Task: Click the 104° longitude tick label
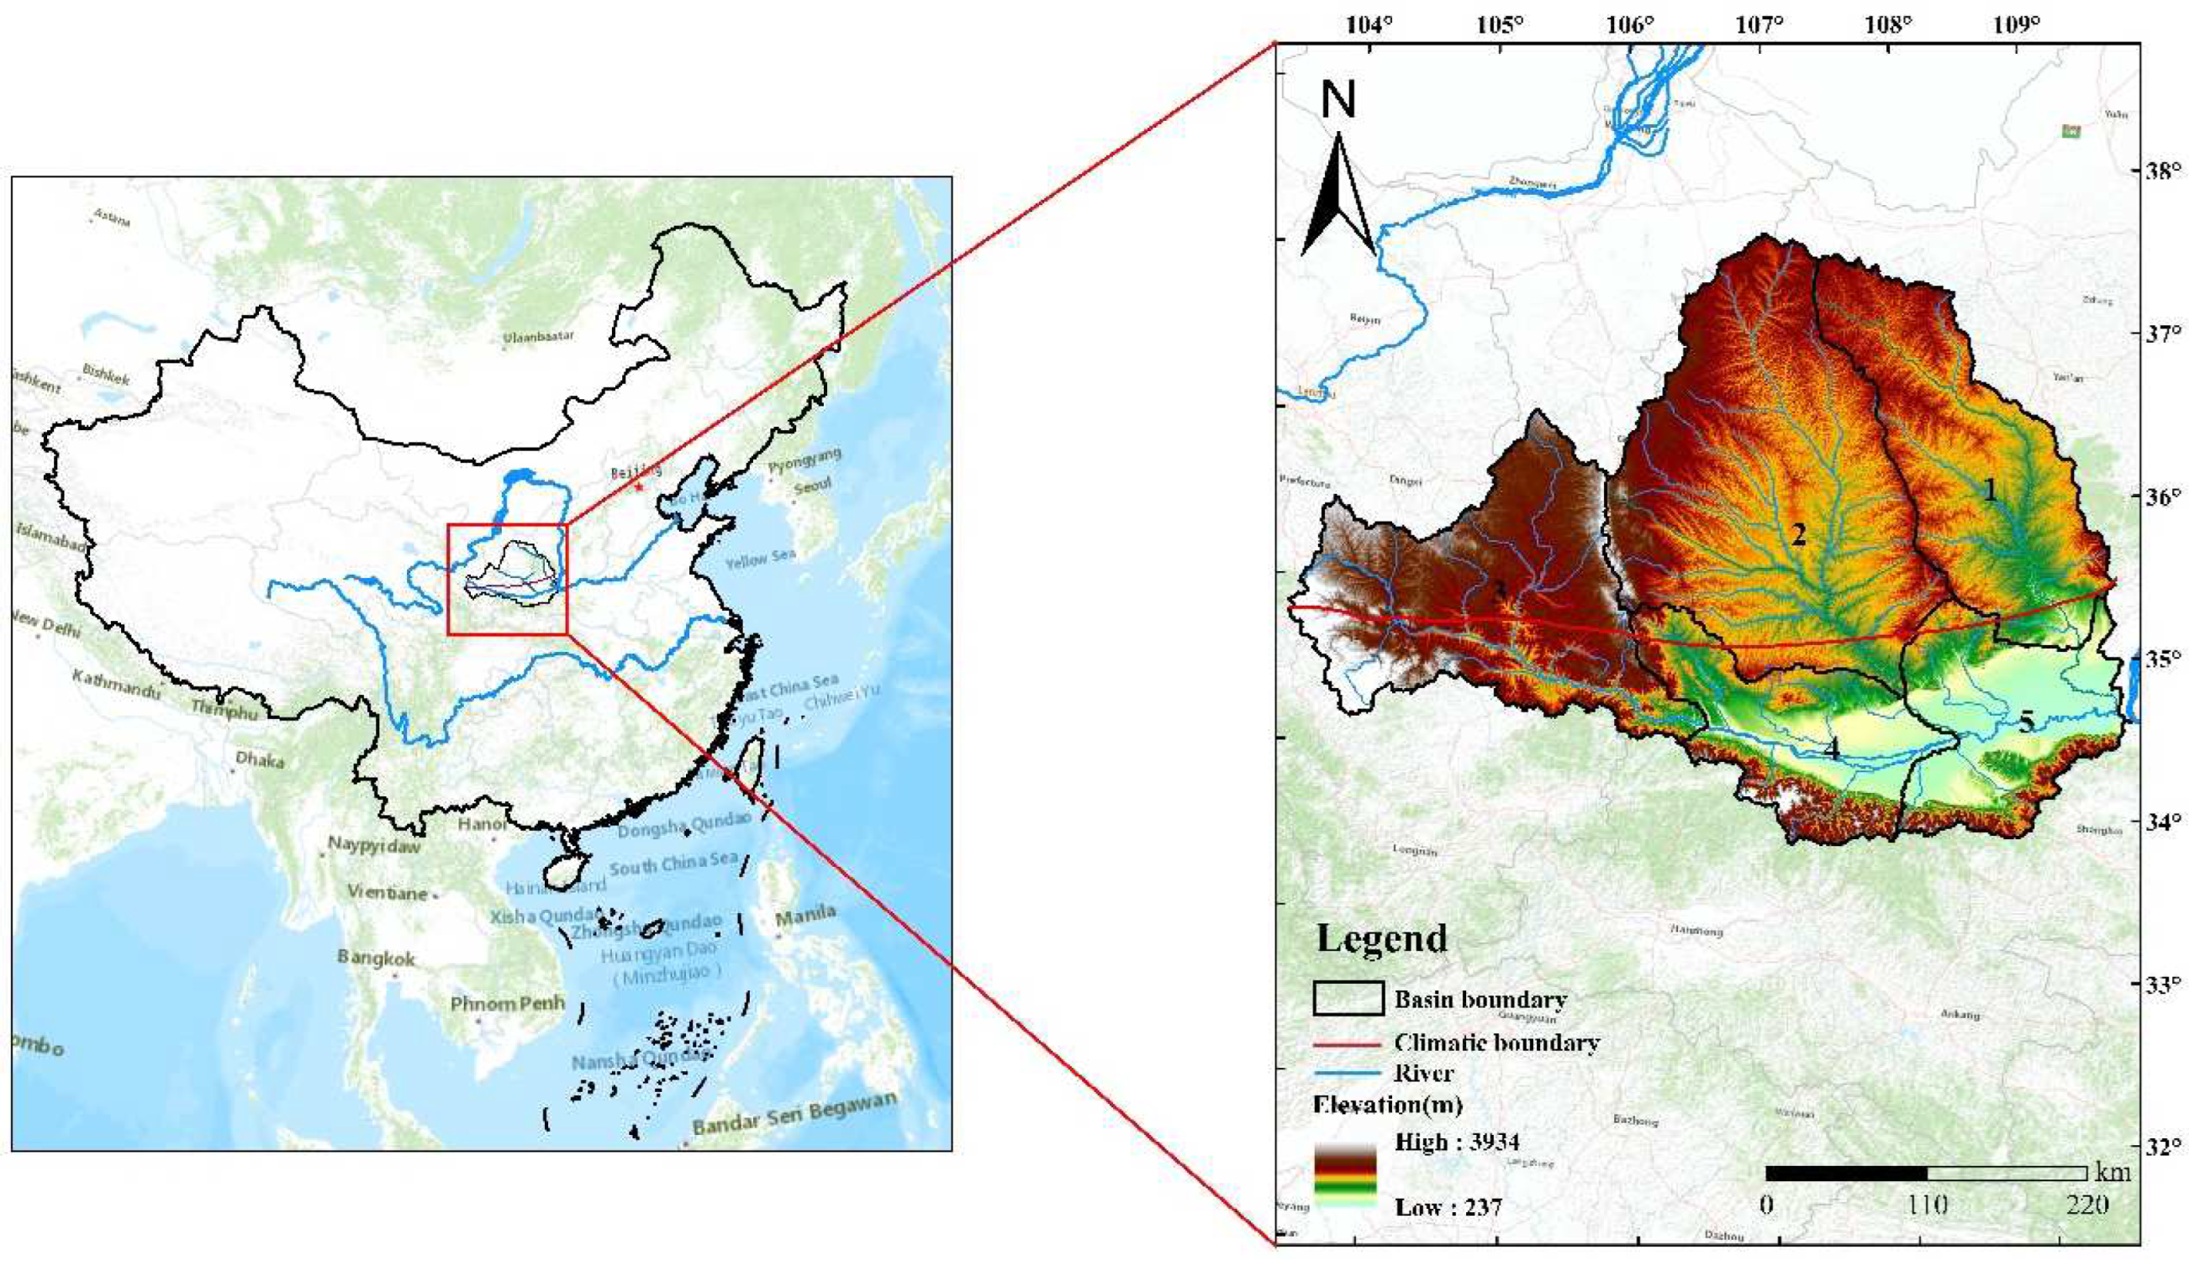(1369, 25)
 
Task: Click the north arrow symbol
(1337, 195)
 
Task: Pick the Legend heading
(1382, 938)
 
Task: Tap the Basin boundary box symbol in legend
(1348, 999)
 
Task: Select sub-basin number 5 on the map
(2026, 722)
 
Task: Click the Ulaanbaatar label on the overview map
(539, 337)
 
